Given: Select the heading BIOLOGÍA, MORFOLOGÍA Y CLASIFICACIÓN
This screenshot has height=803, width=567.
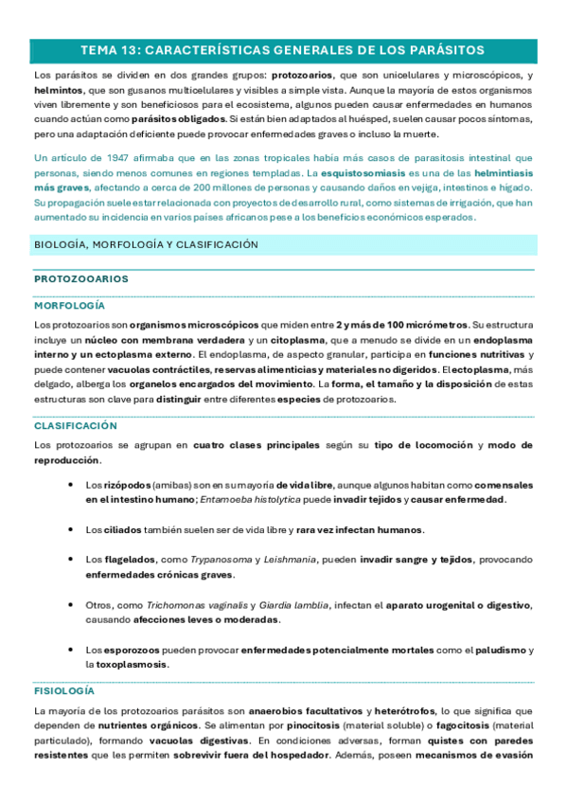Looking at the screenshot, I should (145, 244).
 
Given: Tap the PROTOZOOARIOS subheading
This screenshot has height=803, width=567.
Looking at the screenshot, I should (81, 279).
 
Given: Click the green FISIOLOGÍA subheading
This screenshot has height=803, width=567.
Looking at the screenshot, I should (63, 691).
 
